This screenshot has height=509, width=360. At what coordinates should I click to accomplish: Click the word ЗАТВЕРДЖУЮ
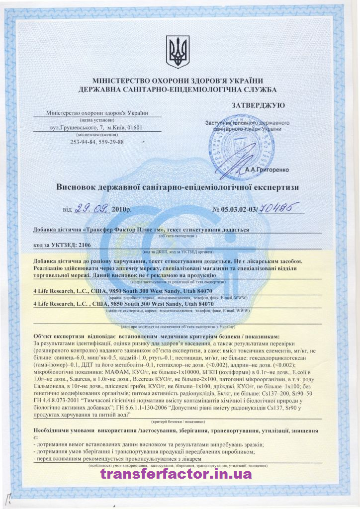258,105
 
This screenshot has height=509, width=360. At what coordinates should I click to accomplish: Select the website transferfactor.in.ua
176,473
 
